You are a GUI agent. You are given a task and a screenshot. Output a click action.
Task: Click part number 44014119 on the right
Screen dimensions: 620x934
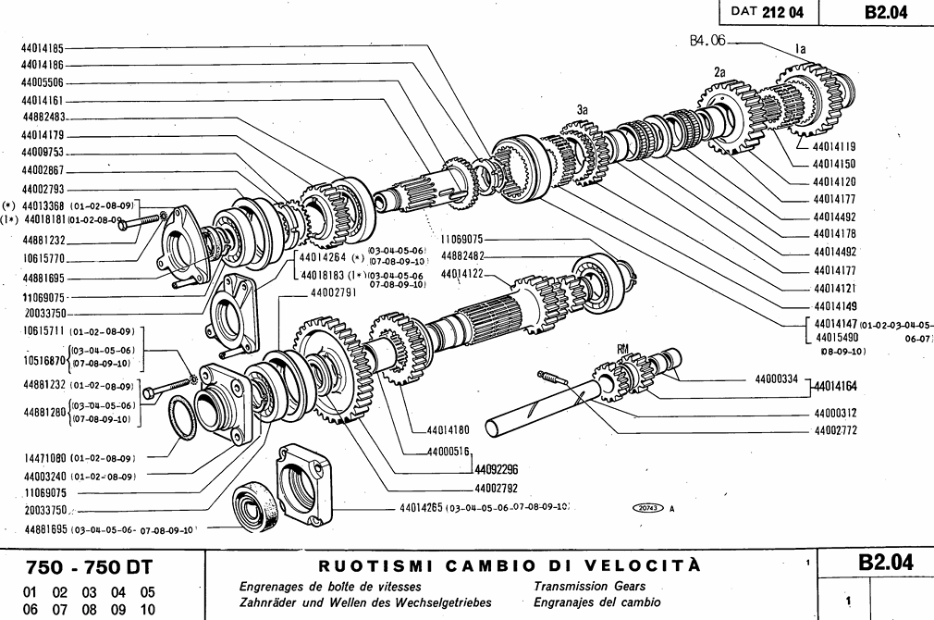(x=834, y=146)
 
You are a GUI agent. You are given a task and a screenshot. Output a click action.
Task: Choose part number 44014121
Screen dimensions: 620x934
(x=834, y=288)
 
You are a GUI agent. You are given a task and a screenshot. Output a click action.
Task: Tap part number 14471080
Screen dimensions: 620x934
(x=42, y=457)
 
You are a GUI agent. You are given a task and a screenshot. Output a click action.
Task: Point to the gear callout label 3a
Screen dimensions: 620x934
(x=583, y=109)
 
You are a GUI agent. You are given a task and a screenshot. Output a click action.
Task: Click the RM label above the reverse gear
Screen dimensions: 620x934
(x=625, y=347)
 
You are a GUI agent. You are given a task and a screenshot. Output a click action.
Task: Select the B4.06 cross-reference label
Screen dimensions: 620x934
(x=708, y=40)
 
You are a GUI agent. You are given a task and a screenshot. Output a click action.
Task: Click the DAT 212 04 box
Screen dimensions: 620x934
(x=767, y=12)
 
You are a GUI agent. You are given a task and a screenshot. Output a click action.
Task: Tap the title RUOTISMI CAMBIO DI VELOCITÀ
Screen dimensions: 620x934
(x=509, y=565)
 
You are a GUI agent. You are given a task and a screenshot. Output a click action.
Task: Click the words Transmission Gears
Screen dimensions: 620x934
(x=589, y=586)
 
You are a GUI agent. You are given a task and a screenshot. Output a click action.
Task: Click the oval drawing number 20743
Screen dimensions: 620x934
(x=647, y=508)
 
